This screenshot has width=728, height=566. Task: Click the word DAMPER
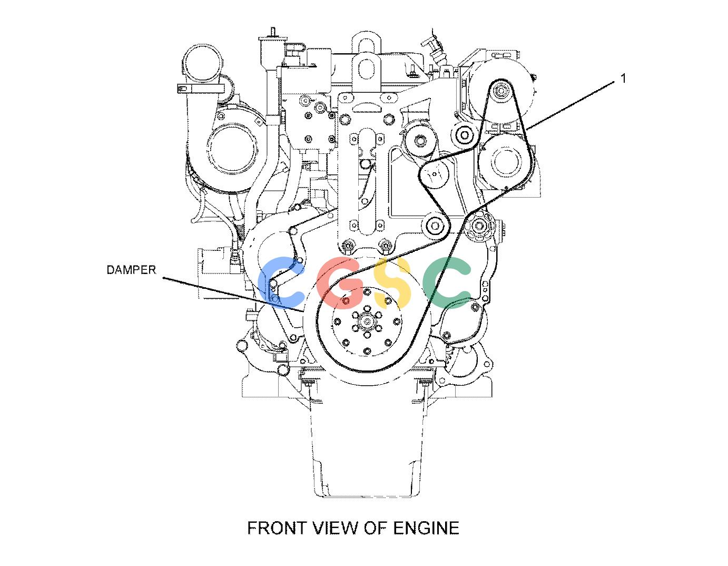tap(131, 270)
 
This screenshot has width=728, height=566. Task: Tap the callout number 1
tap(623, 79)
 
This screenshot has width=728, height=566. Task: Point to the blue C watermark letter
tap(281, 282)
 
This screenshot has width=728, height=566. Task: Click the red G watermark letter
tap(340, 283)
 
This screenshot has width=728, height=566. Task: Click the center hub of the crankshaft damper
tap(367, 322)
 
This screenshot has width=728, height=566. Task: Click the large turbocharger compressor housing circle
tap(232, 148)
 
